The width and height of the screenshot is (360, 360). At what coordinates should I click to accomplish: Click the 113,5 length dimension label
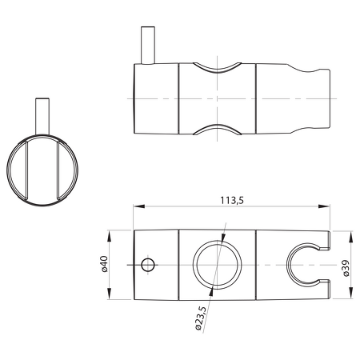[232, 200]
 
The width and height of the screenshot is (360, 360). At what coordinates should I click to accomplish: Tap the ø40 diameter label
[104, 264]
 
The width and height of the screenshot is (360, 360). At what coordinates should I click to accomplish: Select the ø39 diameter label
[346, 268]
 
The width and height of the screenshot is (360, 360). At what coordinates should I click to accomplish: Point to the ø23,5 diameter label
[201, 318]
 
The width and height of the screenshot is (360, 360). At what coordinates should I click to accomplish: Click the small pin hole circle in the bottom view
[148, 265]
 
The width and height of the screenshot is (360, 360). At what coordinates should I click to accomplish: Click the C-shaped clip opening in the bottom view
[287, 265]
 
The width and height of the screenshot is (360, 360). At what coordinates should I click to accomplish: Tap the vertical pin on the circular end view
[42, 117]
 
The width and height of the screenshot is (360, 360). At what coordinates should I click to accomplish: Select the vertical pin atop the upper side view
[148, 46]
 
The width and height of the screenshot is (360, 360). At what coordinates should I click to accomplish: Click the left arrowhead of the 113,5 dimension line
[138, 206]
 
